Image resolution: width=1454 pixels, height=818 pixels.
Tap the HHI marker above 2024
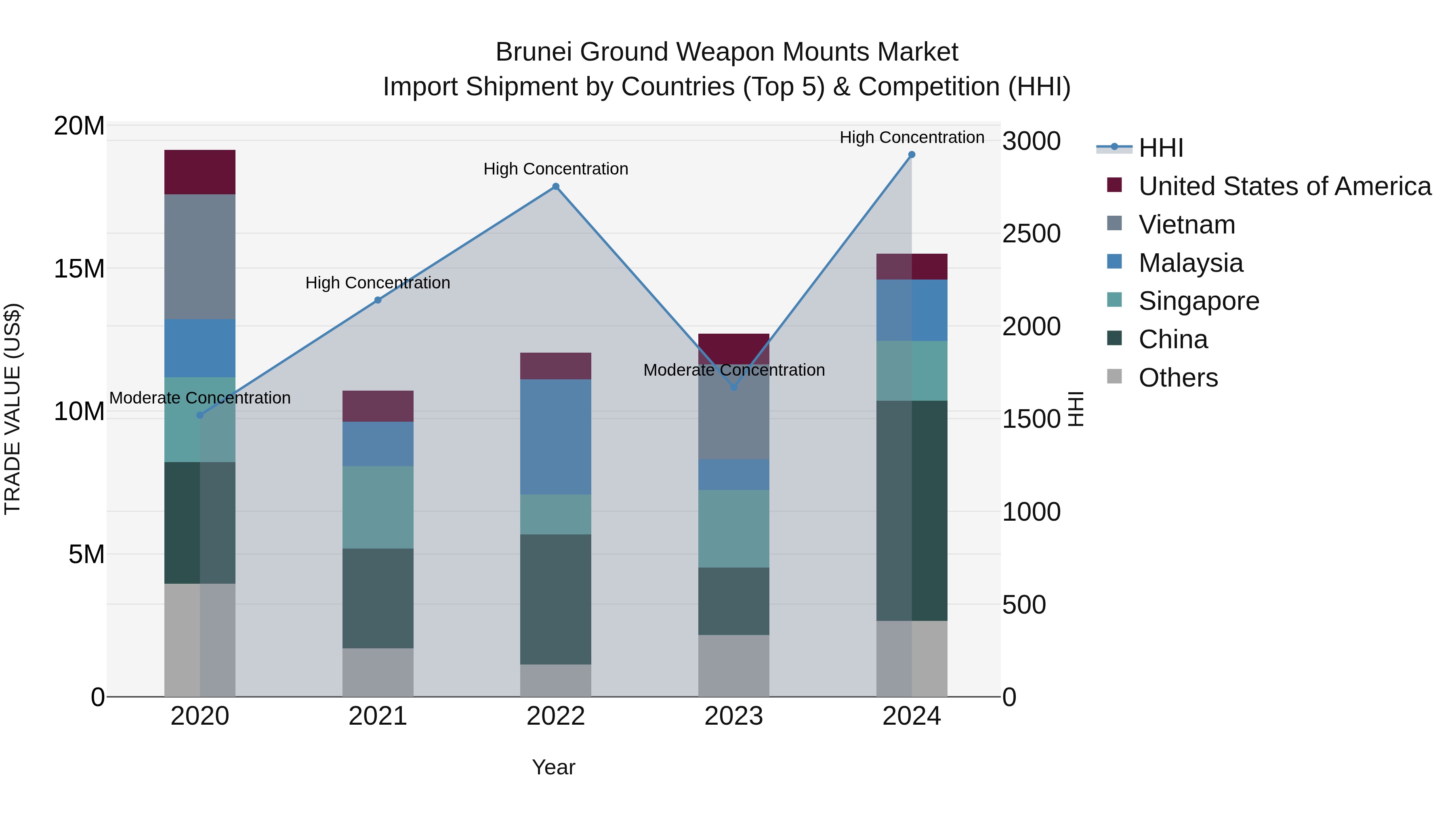(912, 155)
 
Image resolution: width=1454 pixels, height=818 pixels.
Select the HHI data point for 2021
(378, 300)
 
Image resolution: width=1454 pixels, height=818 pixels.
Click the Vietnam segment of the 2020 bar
(200, 257)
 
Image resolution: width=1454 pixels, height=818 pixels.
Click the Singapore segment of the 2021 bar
(378, 507)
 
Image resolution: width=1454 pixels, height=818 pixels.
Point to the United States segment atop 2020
(200, 172)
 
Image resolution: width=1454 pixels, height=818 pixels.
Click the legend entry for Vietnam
(1187, 225)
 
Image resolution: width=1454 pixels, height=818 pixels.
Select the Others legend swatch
(1115, 376)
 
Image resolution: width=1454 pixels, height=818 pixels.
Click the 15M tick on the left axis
(79, 269)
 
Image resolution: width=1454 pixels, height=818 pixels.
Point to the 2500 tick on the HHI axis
(1031, 234)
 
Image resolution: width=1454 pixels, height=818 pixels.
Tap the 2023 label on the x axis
(734, 716)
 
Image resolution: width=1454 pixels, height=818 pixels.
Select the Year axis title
(553, 767)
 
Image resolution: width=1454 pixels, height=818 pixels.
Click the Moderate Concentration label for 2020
(200, 398)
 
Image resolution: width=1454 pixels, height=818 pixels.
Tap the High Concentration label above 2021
(378, 283)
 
